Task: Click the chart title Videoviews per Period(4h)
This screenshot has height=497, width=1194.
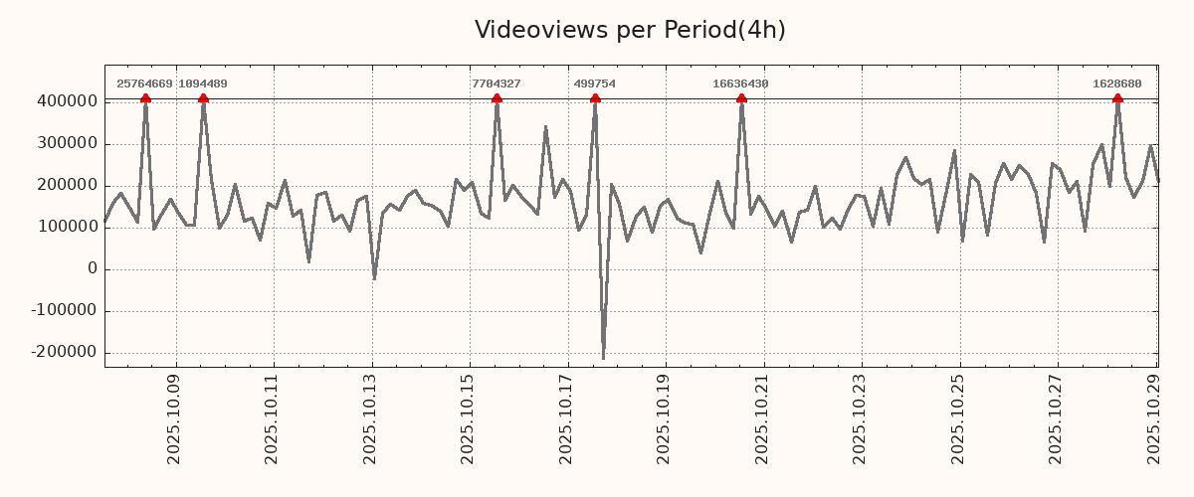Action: (x=630, y=30)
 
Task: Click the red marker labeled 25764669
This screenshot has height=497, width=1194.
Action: (x=145, y=98)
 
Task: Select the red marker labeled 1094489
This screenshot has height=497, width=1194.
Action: (x=203, y=98)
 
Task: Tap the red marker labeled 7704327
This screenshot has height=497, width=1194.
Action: (x=497, y=98)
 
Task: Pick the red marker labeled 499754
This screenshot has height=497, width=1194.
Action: (x=595, y=98)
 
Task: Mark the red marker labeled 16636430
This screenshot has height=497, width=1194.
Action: (x=741, y=98)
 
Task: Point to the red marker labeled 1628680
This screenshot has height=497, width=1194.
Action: (x=1117, y=98)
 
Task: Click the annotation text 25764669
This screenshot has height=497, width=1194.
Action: (x=144, y=83)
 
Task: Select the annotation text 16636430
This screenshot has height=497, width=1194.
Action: (x=740, y=83)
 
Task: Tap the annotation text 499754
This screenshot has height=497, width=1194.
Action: (x=595, y=83)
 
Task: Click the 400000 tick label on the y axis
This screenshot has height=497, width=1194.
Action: (x=66, y=101)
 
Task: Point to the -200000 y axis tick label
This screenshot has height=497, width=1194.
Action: (x=62, y=352)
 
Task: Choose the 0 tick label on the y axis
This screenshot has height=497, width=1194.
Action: (x=93, y=268)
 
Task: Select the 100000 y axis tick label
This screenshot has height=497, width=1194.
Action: (x=66, y=227)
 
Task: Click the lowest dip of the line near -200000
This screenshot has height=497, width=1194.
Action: (x=603, y=358)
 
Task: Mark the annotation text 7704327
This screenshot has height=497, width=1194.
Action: (x=497, y=83)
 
